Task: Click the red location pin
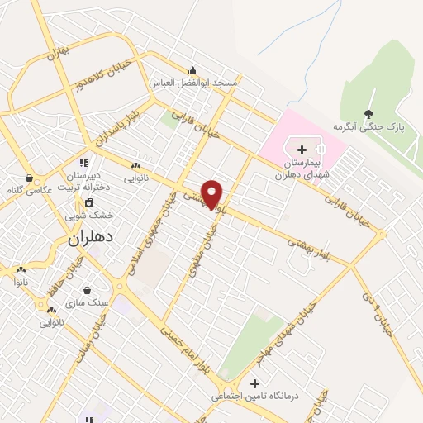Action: tap(212, 193)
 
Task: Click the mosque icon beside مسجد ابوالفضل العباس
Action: tap(192, 70)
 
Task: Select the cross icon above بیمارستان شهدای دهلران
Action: tap(301, 150)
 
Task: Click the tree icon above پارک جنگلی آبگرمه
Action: tap(368, 114)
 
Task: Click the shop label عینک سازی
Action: tap(93, 302)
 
